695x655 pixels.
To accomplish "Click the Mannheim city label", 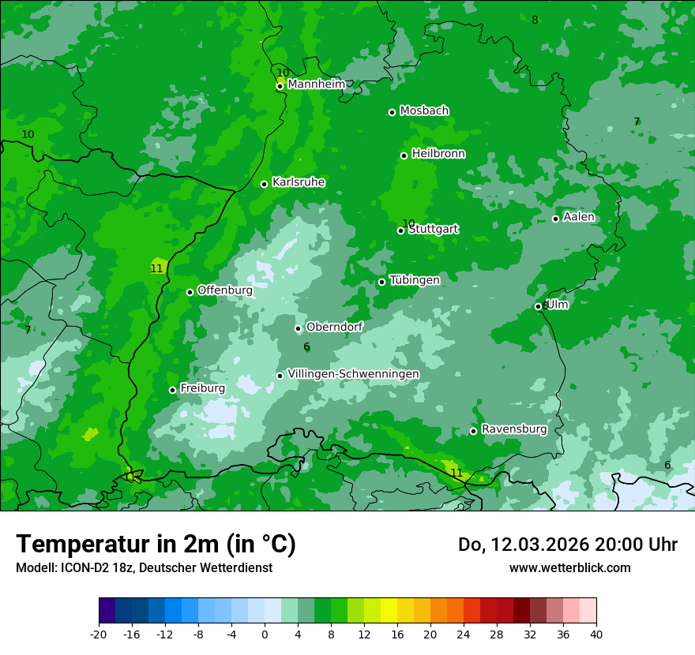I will tap(317, 84).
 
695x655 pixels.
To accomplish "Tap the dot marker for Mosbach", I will tap(392, 112).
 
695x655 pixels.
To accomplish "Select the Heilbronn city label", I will tap(438, 154).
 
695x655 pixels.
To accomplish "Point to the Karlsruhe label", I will tap(299, 182).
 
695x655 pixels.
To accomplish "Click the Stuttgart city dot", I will tap(400, 230).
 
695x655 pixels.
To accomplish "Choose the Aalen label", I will tap(579, 217).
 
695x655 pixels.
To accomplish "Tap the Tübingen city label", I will tap(415, 280).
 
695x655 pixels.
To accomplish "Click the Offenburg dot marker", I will tap(190, 292).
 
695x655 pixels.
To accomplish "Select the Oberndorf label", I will tap(335, 327).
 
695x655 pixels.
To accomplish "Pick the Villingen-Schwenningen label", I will tap(353, 374).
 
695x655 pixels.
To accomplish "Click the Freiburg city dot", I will tap(172, 390).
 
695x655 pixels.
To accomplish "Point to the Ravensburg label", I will tap(514, 429).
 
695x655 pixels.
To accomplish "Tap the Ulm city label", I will tap(558, 305).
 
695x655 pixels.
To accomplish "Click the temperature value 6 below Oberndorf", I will tap(306, 346).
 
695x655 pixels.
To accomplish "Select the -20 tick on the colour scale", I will tap(99, 634).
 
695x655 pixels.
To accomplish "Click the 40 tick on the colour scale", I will tap(596, 634).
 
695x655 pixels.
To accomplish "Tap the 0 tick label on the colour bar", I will tap(265, 634).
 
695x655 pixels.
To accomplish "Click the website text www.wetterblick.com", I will tap(569, 568).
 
